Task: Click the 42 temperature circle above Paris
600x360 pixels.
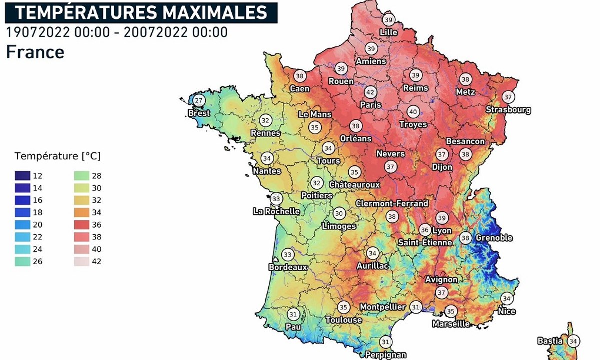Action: pyautogui.click(x=370, y=92)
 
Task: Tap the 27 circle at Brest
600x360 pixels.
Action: pyautogui.click(x=199, y=101)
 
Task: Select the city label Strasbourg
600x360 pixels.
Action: pyautogui.click(x=508, y=110)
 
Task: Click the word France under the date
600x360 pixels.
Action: pyautogui.click(x=35, y=52)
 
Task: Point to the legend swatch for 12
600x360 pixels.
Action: pyautogui.click(x=22, y=176)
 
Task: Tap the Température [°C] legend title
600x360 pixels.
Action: pyautogui.click(x=57, y=156)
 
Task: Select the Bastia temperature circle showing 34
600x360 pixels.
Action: pyautogui.click(x=573, y=341)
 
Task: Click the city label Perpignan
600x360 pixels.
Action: pyautogui.click(x=386, y=355)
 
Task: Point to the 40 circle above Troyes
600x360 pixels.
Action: pyautogui.click(x=413, y=112)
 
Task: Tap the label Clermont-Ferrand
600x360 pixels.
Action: pyautogui.click(x=392, y=203)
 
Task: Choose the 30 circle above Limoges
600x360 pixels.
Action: pyautogui.click(x=339, y=214)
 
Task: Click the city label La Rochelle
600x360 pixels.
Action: pyautogui.click(x=276, y=211)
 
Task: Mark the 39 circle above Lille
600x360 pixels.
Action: pyautogui.click(x=388, y=20)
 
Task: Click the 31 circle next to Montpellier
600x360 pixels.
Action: pyautogui.click(x=415, y=307)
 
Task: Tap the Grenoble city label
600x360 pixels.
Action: pyautogui.click(x=494, y=238)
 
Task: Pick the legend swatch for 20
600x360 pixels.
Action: pyautogui.click(x=22, y=225)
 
